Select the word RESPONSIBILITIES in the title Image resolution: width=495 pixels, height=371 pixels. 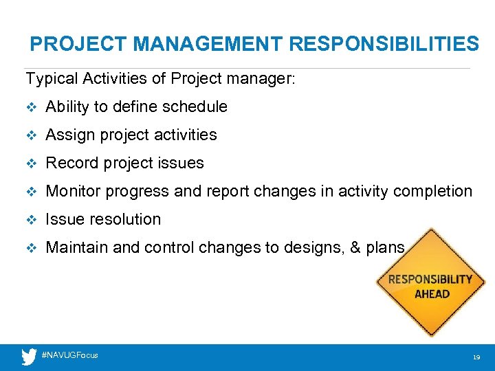click(384, 45)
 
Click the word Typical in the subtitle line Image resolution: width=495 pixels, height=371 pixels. click(52, 79)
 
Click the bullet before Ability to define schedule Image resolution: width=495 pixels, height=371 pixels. click(30, 107)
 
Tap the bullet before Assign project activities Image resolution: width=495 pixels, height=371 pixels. click(30, 135)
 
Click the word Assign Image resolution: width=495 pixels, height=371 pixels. click(70, 135)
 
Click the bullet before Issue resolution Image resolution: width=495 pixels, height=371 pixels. click(30, 220)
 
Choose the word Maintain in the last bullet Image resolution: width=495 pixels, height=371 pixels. click(76, 248)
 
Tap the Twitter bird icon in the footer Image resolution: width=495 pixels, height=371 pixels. click(29, 357)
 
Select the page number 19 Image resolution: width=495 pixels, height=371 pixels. click(475, 358)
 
